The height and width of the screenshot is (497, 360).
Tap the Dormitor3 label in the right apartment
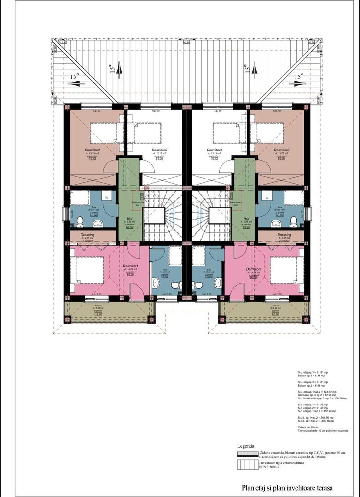[215, 150]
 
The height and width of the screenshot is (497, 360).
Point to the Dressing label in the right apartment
[284, 235]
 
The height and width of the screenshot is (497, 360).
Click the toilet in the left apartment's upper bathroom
[80, 222]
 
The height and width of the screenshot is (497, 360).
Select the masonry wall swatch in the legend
[247, 454]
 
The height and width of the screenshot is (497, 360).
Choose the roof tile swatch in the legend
[247, 466]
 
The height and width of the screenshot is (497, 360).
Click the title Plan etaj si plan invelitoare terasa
[287, 487]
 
